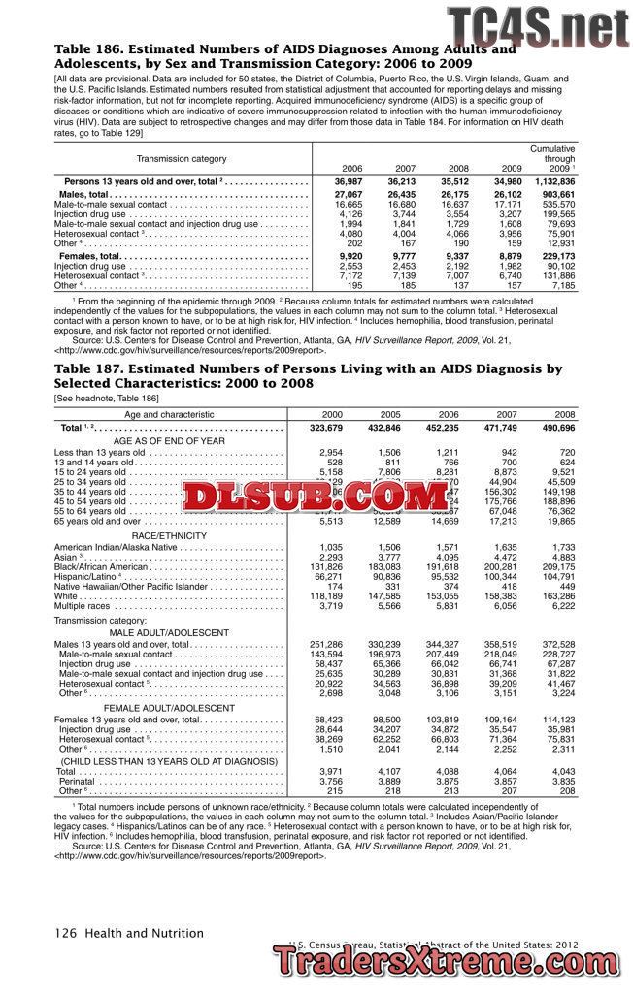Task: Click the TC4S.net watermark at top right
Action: (x=537, y=24)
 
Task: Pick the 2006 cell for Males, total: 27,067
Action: (x=348, y=195)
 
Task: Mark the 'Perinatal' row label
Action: (x=77, y=781)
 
